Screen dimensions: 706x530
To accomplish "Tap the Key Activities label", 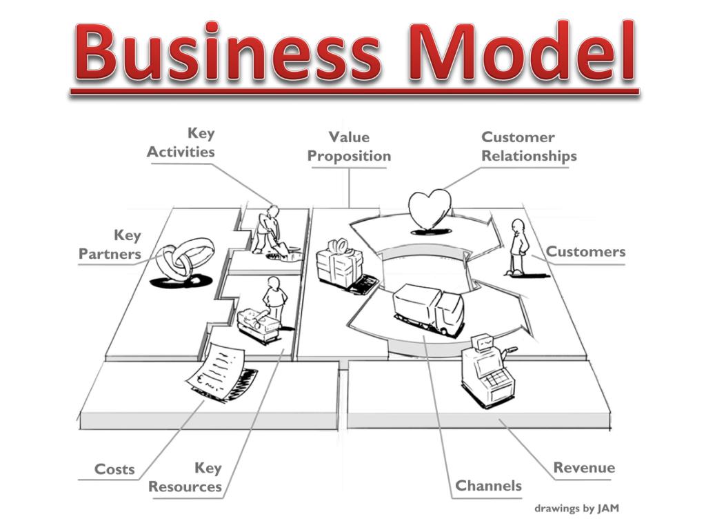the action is [x=181, y=143].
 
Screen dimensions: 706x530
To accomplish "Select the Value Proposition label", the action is [x=349, y=147].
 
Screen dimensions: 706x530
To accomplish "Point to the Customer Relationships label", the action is [x=529, y=147].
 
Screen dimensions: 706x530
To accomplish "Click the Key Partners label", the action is [x=110, y=245].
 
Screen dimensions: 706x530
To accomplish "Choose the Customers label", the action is [x=586, y=252].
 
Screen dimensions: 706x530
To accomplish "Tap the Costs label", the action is [x=114, y=469].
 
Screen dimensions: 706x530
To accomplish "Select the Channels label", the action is [x=488, y=486].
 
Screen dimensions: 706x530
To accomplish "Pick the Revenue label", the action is [x=584, y=468].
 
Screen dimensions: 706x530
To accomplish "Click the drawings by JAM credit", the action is [x=577, y=509].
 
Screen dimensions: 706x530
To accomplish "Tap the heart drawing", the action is [x=430, y=209].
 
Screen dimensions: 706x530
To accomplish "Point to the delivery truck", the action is [x=427, y=308].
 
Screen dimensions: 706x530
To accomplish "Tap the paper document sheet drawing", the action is [x=221, y=369].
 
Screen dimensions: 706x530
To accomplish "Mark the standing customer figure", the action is [x=517, y=247].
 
